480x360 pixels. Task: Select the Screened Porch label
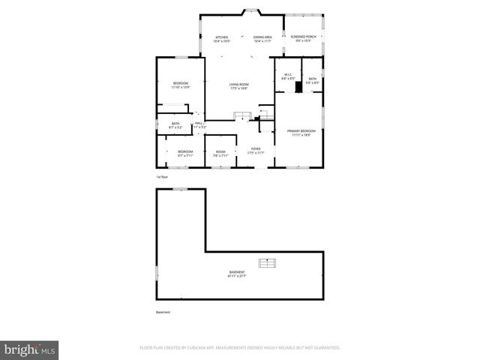pyautogui.click(x=303, y=37)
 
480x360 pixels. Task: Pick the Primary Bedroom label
pyautogui.click(x=301, y=133)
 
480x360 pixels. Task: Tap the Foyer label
pyautogui.click(x=256, y=151)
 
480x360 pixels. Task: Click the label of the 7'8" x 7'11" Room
pyautogui.click(x=220, y=154)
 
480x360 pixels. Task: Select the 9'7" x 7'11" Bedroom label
pyautogui.click(x=185, y=154)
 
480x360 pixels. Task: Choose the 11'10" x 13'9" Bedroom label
pyautogui.click(x=181, y=85)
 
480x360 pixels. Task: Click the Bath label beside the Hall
pyautogui.click(x=175, y=125)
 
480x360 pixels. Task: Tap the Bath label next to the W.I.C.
pyautogui.click(x=312, y=80)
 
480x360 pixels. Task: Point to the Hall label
pyautogui.click(x=199, y=125)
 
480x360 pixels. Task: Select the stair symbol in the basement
pyautogui.click(x=268, y=262)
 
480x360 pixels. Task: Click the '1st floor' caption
pyautogui.click(x=161, y=177)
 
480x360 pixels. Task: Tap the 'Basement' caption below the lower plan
pyautogui.click(x=163, y=312)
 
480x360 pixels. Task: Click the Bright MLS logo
pyautogui.click(x=30, y=349)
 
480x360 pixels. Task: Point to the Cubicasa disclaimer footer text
pyautogui.click(x=240, y=348)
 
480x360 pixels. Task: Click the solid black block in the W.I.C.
pyautogui.click(x=298, y=87)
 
